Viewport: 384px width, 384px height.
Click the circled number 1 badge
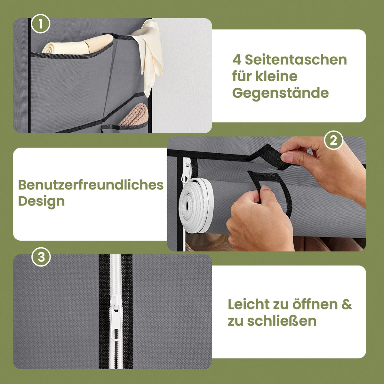(x=41, y=24)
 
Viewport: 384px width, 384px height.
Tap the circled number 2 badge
(x=333, y=140)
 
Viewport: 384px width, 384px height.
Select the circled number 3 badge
(x=41, y=257)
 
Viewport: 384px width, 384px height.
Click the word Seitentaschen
(x=296, y=60)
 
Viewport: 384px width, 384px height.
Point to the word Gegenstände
(x=280, y=93)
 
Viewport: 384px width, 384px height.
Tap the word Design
(x=42, y=202)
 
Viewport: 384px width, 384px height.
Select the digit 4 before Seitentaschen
(x=237, y=60)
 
